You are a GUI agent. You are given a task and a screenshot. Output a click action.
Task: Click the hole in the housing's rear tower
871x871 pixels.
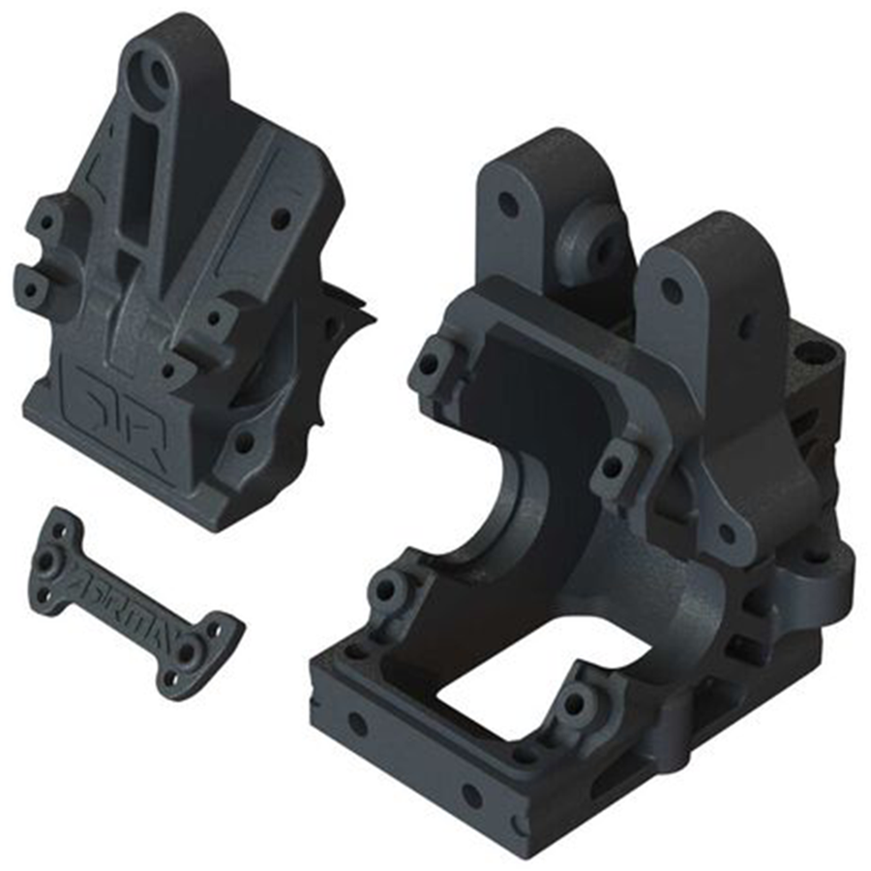[507, 204]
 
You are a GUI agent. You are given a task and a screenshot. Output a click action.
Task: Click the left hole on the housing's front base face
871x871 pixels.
[357, 722]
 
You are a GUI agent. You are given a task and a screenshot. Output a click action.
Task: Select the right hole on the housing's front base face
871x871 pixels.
[471, 796]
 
